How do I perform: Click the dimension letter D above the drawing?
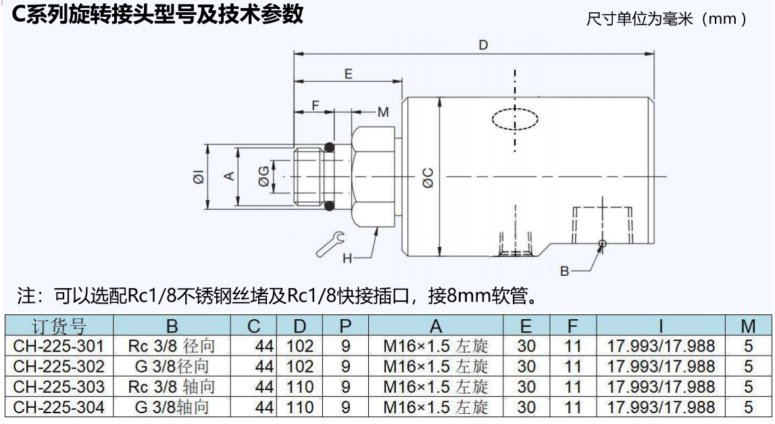[482, 45]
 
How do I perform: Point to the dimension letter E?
[349, 74]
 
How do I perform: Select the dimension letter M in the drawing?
[383, 112]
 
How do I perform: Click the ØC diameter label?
[428, 177]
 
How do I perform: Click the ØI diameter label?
[197, 178]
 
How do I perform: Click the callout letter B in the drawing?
[565, 271]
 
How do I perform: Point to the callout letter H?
[347, 258]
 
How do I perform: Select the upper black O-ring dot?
[329, 147]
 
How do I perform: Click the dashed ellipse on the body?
[515, 119]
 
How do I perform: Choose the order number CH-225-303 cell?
[59, 387]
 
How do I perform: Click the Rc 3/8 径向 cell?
[172, 346]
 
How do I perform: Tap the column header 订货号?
[59, 326]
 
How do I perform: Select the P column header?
[345, 326]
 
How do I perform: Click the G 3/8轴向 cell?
[172, 408]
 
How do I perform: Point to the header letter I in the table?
[660, 326]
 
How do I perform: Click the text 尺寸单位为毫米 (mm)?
[666, 18]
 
